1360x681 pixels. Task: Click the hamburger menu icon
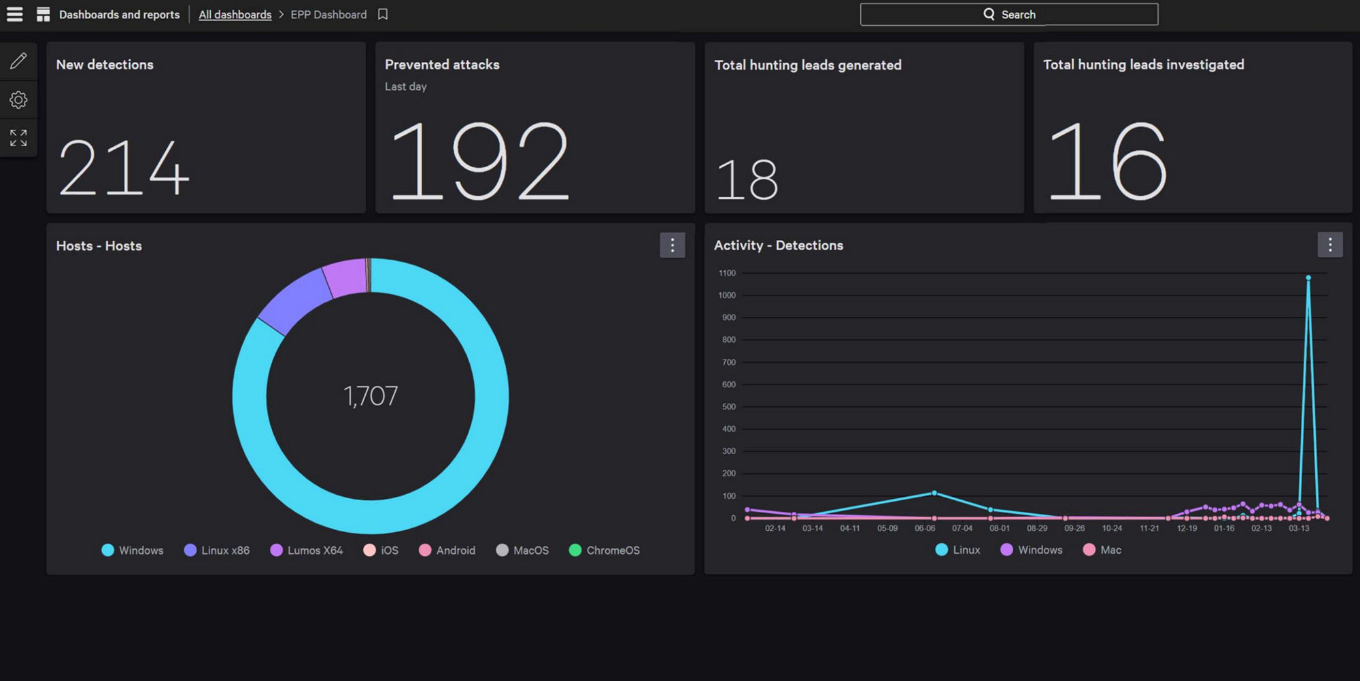[x=15, y=14]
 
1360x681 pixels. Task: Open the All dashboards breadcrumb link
[x=235, y=14]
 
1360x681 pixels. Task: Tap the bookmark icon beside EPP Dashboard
[x=383, y=14]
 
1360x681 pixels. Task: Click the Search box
[x=1008, y=14]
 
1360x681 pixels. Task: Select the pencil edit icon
[x=18, y=61]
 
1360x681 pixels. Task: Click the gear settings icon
[x=18, y=100]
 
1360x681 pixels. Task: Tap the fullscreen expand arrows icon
[x=18, y=138]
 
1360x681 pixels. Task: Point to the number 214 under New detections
[x=123, y=168]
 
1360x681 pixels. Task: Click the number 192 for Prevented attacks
[x=479, y=162]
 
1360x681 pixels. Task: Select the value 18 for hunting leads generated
[x=747, y=180]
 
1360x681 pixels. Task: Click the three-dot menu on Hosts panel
[x=672, y=245]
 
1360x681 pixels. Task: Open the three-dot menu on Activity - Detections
[x=1329, y=245]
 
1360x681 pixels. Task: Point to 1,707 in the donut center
[x=371, y=396]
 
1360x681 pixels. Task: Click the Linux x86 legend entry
[x=217, y=551]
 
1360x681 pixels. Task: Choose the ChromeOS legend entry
[x=605, y=551]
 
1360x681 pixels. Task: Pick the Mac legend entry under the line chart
[x=1102, y=550]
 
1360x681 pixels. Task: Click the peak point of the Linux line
[x=1308, y=278]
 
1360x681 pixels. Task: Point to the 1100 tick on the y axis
[x=727, y=273]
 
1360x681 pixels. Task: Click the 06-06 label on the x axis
[x=925, y=528]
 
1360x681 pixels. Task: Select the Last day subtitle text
[x=405, y=86]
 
